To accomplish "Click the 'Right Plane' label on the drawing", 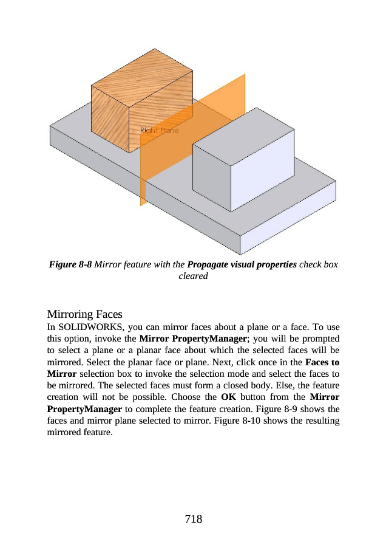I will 160,131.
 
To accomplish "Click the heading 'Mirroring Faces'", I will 85,314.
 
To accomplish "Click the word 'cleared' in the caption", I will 193,276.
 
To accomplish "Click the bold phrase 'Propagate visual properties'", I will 242,265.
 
